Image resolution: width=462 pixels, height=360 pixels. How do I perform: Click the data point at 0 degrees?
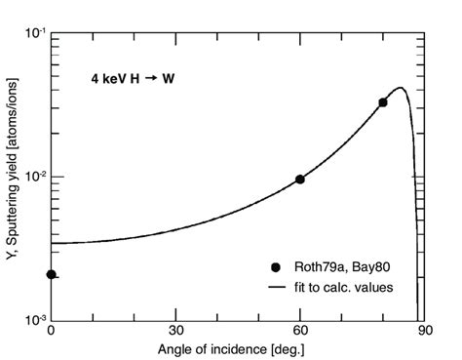pos(51,274)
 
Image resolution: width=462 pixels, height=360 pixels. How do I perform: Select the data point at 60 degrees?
pos(300,180)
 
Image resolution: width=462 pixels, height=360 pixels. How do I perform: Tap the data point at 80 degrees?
pos(383,102)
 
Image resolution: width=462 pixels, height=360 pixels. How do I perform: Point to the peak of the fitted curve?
pos(401,88)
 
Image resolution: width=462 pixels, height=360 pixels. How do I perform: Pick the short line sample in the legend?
pos(277,286)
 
